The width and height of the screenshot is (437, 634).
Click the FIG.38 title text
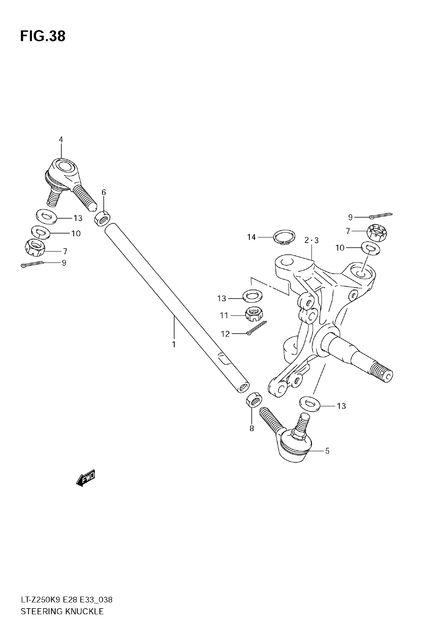click(x=43, y=36)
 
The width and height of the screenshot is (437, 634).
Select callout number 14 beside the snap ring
click(x=251, y=237)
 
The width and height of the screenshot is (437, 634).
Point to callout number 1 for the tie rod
click(x=174, y=344)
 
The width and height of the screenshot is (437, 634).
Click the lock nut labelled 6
click(x=102, y=219)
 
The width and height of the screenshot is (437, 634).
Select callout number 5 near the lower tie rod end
click(x=327, y=451)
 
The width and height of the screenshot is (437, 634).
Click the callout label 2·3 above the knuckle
click(x=312, y=241)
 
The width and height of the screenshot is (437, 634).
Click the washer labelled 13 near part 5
click(x=310, y=404)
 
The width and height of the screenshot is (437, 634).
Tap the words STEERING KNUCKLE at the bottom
click(x=62, y=611)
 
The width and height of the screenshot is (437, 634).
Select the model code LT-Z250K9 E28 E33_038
click(x=67, y=600)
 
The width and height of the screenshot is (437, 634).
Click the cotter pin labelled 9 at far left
click(x=32, y=264)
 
